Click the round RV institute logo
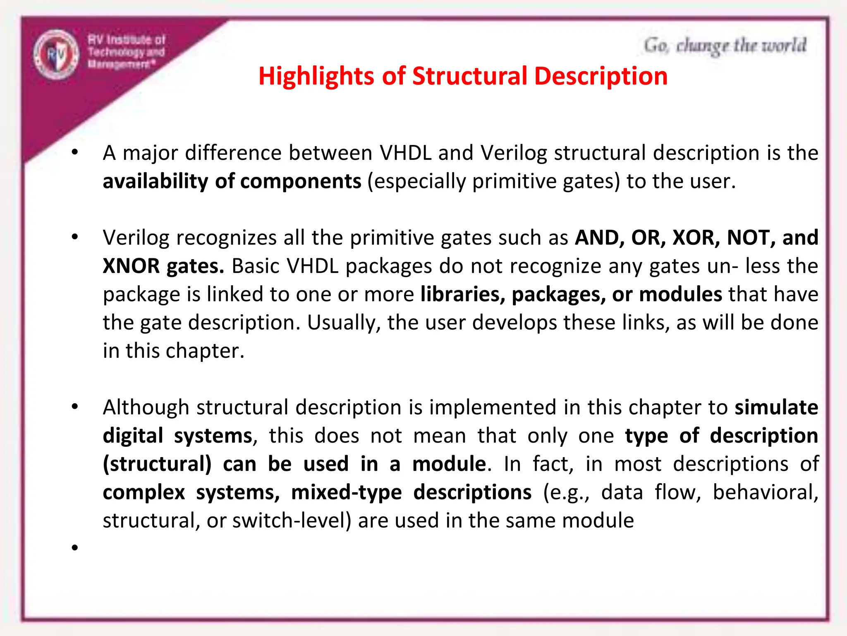click(x=56, y=55)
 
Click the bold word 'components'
click(x=301, y=181)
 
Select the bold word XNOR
click(x=131, y=266)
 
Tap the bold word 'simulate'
click(x=776, y=407)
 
